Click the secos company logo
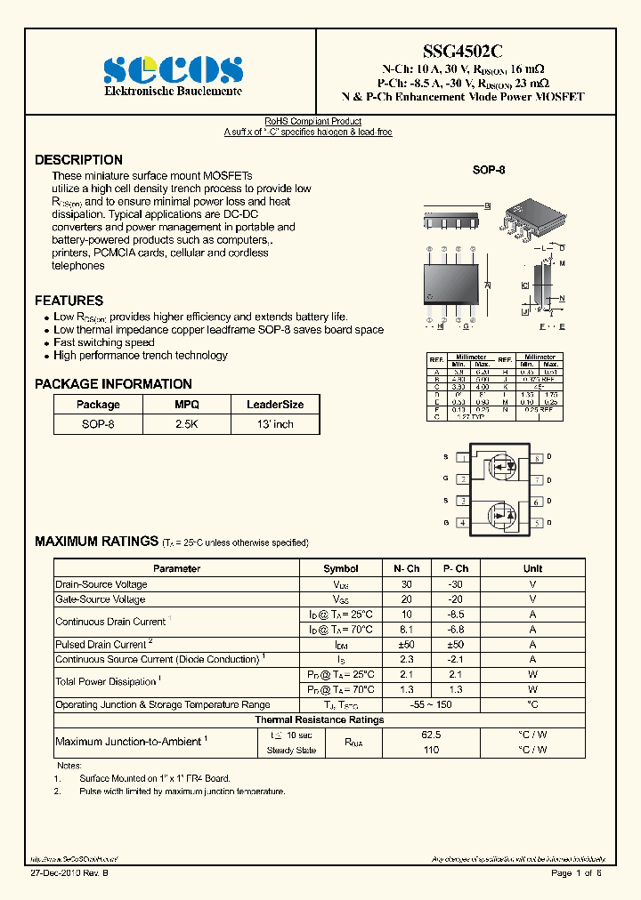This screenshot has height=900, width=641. click(x=173, y=68)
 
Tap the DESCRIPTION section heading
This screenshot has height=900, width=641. click(x=78, y=160)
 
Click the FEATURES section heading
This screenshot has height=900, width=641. click(x=69, y=301)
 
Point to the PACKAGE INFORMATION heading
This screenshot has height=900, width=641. click(x=113, y=384)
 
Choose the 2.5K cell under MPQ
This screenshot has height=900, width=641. click(x=186, y=424)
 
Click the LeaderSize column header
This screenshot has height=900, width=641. click(x=274, y=404)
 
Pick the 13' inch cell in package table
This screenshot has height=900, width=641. click(x=274, y=424)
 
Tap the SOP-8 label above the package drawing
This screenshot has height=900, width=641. click(x=489, y=169)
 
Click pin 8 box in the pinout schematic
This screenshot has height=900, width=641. click(x=537, y=458)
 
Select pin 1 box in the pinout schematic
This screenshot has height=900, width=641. click(x=463, y=458)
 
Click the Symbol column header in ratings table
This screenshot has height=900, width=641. click(x=340, y=568)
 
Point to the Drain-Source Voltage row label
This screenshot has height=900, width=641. click(x=101, y=584)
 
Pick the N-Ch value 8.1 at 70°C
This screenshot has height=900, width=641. click(x=406, y=629)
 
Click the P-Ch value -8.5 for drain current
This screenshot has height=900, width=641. click(x=455, y=615)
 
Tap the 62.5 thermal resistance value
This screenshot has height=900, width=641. click(x=431, y=735)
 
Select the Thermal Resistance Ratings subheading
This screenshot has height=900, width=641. click(x=320, y=719)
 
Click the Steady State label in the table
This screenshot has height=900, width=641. click(x=291, y=751)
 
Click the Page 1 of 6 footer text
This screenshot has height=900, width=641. click(x=576, y=873)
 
